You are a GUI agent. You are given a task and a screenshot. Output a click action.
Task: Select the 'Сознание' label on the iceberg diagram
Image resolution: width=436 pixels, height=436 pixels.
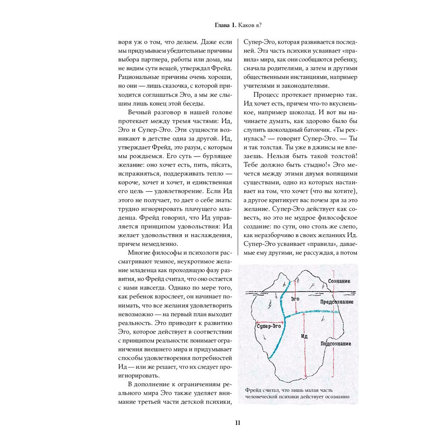point(339,282)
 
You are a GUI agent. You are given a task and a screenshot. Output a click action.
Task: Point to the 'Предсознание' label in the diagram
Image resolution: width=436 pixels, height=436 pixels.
point(337,302)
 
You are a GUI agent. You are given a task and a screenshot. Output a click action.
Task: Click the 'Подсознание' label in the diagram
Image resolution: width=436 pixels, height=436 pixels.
point(336,344)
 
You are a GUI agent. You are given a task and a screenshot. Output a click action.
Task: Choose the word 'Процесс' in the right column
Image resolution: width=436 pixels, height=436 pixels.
point(266,95)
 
